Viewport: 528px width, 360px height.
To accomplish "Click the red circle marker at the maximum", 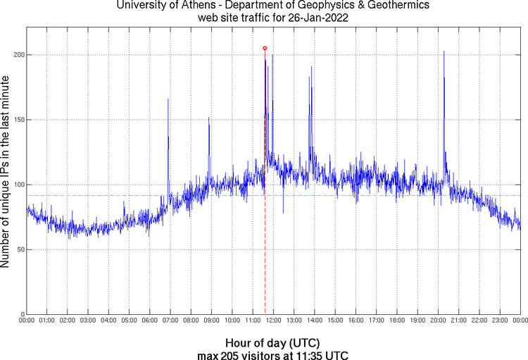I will [265, 48].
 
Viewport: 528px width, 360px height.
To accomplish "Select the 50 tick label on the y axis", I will [20, 249].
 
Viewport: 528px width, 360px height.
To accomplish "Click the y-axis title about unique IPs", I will [6, 173].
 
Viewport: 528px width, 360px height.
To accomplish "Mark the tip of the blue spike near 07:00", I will [168, 99].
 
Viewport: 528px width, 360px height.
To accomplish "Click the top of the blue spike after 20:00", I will [444, 51].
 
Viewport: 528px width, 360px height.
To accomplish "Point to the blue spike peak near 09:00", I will [209, 117].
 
